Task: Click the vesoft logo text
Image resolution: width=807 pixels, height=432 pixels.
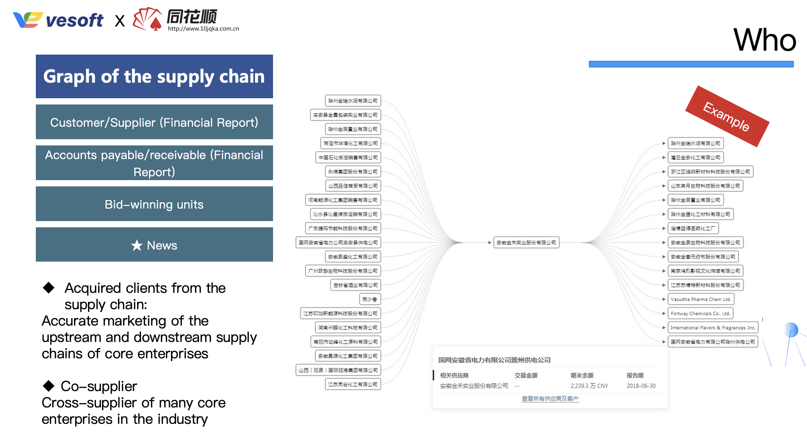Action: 74,21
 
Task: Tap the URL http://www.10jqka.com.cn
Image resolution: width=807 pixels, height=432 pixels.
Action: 203,29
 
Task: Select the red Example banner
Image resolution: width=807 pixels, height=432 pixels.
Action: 727,116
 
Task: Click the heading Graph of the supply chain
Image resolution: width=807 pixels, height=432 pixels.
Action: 154,76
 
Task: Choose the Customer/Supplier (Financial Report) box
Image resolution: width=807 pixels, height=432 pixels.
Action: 154,122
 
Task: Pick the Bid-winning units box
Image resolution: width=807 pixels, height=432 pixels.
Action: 154,204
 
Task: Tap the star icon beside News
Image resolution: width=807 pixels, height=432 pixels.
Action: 137,245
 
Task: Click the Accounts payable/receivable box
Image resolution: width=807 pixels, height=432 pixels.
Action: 154,163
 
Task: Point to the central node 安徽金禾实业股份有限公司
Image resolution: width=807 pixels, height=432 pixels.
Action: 526,243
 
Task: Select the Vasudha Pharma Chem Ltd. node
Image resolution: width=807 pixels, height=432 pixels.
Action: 701,299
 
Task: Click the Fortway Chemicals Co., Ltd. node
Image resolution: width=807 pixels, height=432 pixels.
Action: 700,313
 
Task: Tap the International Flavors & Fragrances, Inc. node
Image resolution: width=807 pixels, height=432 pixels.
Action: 713,328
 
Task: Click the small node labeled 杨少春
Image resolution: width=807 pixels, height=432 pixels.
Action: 370,299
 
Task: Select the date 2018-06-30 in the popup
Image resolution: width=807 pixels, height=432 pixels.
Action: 641,386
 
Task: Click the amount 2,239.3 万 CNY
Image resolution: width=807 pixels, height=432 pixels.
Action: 589,386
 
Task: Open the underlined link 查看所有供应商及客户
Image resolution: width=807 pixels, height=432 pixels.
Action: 550,398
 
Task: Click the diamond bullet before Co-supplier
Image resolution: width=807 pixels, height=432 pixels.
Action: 49,386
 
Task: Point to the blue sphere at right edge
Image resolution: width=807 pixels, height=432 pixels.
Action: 791,330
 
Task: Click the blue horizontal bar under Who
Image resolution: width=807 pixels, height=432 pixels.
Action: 691,64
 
